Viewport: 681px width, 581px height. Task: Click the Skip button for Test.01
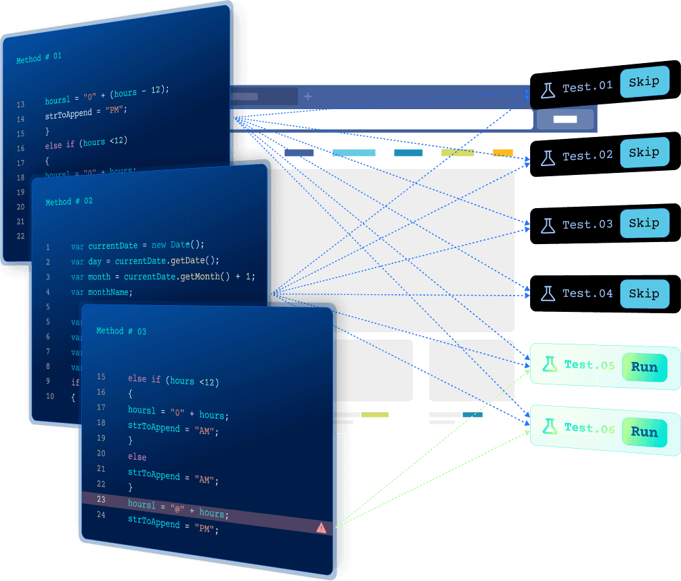pyautogui.click(x=643, y=82)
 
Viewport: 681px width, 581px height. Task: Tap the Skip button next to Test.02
pyautogui.click(x=643, y=153)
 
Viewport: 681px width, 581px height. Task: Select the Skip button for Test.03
pyautogui.click(x=643, y=223)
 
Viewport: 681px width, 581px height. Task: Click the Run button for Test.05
pyautogui.click(x=644, y=367)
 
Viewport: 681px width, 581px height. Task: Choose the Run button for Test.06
pyautogui.click(x=644, y=432)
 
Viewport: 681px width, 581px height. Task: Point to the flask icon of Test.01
pyautogui.click(x=547, y=88)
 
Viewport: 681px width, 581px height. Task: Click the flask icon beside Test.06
pyautogui.click(x=549, y=426)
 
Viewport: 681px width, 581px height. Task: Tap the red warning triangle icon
pyautogui.click(x=321, y=527)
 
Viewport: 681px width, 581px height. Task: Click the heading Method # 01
pyautogui.click(x=39, y=58)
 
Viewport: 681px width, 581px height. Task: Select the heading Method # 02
pyautogui.click(x=69, y=202)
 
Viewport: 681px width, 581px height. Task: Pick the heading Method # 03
pyautogui.click(x=121, y=331)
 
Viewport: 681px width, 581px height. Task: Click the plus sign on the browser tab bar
pyautogui.click(x=308, y=96)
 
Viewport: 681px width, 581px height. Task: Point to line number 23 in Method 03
pyautogui.click(x=102, y=499)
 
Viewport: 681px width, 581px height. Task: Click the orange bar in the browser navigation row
pyautogui.click(x=502, y=153)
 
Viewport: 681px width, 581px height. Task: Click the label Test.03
pyautogui.click(x=587, y=224)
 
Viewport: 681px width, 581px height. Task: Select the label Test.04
pyautogui.click(x=587, y=294)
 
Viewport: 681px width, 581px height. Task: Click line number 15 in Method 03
pyautogui.click(x=102, y=377)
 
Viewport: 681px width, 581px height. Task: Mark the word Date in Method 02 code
pyautogui.click(x=180, y=245)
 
